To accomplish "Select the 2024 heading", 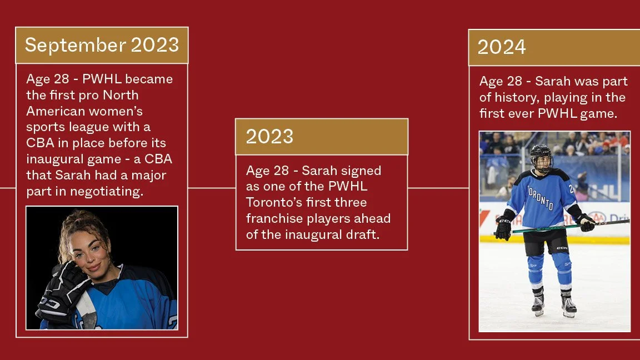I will [502, 47].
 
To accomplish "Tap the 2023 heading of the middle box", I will [269, 137].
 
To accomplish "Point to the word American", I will [53, 111].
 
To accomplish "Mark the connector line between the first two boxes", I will [212, 188].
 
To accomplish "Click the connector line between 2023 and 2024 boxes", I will [438, 188].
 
